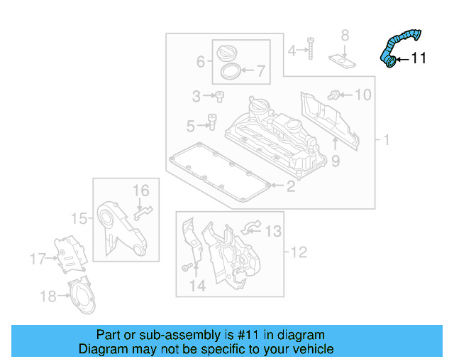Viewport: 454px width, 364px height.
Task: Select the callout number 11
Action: (419, 59)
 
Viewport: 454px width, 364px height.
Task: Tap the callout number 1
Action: (386, 139)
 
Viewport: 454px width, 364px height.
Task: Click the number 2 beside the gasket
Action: (290, 187)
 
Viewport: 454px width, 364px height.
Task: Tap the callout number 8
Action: (345, 35)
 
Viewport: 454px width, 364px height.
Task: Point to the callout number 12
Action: (299, 252)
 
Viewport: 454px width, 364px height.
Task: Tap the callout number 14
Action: (197, 287)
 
